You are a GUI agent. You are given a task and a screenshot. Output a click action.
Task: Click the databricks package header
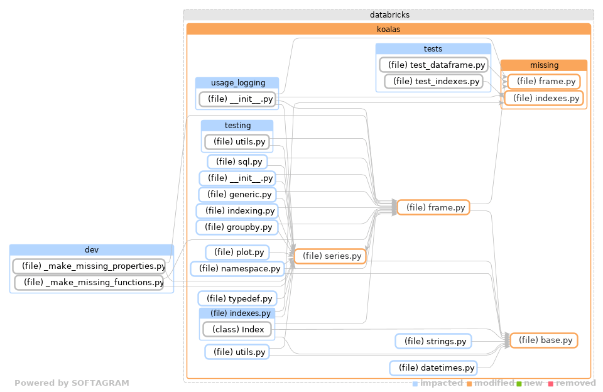[x=389, y=15]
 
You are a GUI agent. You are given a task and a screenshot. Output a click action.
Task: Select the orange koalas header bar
[x=388, y=29]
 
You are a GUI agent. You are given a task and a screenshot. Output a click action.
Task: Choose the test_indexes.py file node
[x=433, y=81]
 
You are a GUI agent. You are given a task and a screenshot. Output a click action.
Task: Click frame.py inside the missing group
[x=544, y=81]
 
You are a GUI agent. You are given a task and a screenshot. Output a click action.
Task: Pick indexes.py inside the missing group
[x=544, y=98]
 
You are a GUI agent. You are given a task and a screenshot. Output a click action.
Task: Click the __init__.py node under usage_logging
[x=238, y=99]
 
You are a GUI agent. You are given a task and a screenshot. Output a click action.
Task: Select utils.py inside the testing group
[x=237, y=142]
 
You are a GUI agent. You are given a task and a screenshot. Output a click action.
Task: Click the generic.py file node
[x=237, y=195]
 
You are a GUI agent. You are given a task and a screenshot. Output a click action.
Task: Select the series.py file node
[x=330, y=256]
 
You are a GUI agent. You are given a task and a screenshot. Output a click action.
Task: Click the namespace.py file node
[x=237, y=269]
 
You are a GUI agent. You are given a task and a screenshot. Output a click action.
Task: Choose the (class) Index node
[x=237, y=329]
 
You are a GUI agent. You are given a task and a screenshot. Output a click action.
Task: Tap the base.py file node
[x=544, y=340]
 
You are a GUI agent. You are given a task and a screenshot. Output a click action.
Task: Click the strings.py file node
[x=433, y=341]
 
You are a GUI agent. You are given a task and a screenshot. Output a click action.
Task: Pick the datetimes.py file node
[x=433, y=367]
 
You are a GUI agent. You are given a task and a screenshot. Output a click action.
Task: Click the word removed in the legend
[x=575, y=383]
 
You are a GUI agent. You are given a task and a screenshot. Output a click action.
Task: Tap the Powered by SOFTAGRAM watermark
[x=72, y=383]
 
